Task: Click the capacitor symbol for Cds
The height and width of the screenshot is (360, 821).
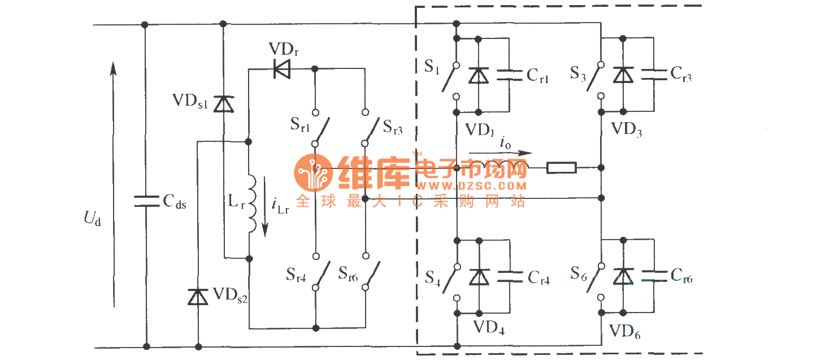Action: pyautogui.click(x=146, y=201)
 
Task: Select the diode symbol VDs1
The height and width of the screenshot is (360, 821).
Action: pyautogui.click(x=224, y=104)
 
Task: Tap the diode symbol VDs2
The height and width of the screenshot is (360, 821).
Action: pyautogui.click(x=198, y=296)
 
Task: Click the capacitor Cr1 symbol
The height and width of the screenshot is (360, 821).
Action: pyautogui.click(x=510, y=75)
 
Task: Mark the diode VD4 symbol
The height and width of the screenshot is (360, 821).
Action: pyautogui.click(x=479, y=276)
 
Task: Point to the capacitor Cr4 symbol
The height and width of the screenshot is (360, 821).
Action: pyautogui.click(x=510, y=276)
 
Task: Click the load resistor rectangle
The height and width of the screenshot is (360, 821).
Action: pyautogui.click(x=561, y=167)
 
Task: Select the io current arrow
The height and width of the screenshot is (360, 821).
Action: pyautogui.click(x=500, y=153)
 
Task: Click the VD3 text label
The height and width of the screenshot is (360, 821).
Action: pyautogui.click(x=627, y=131)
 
